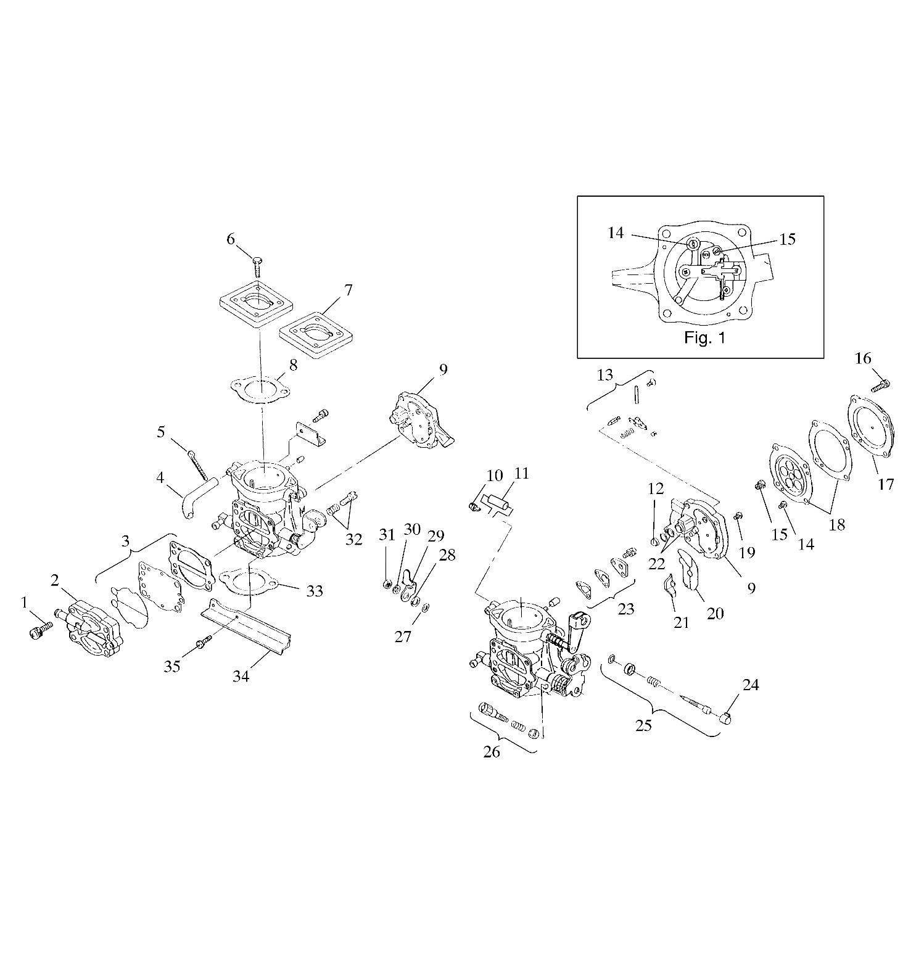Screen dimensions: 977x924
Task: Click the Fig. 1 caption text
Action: point(705,338)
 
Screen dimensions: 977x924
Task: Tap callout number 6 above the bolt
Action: point(231,239)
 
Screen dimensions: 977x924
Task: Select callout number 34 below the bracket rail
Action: point(241,676)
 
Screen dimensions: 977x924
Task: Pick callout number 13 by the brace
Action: point(606,374)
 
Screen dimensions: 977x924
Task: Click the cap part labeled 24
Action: point(727,718)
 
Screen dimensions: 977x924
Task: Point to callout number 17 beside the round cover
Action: point(886,484)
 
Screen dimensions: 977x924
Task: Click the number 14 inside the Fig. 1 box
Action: point(616,233)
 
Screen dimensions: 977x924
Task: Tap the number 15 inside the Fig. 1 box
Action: point(788,239)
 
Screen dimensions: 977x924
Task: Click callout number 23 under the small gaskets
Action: point(625,609)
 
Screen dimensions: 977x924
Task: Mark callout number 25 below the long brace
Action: point(643,725)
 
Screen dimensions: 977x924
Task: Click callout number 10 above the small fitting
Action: point(495,476)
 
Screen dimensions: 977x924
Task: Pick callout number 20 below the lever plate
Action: point(715,613)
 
